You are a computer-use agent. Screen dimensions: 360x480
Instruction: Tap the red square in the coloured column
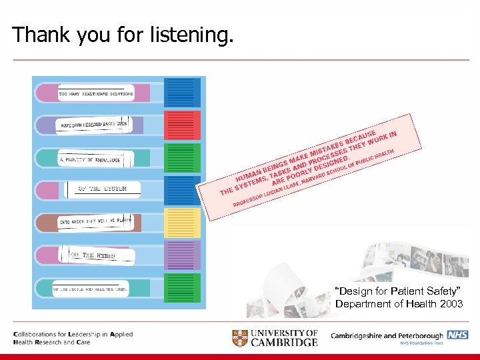click(x=182, y=125)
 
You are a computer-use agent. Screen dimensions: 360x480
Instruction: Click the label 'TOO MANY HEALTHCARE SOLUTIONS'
click(x=96, y=94)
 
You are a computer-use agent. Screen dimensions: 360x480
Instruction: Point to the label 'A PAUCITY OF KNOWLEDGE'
click(x=90, y=160)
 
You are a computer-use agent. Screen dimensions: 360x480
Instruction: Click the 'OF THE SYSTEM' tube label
click(x=101, y=190)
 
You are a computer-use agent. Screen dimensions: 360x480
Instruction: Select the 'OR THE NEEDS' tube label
click(x=96, y=255)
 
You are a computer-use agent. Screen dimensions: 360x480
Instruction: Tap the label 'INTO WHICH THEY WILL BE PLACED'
click(x=95, y=221)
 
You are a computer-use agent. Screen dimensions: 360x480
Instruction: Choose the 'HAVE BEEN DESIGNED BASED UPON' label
click(x=93, y=125)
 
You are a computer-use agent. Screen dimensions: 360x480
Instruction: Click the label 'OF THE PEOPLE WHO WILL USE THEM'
click(x=90, y=289)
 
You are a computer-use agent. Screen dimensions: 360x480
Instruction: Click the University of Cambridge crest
click(x=241, y=337)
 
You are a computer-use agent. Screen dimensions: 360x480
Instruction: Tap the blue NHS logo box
click(x=457, y=335)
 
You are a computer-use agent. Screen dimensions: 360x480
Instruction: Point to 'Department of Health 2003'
click(x=399, y=304)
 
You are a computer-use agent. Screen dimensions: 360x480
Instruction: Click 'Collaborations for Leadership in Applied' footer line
click(x=73, y=334)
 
